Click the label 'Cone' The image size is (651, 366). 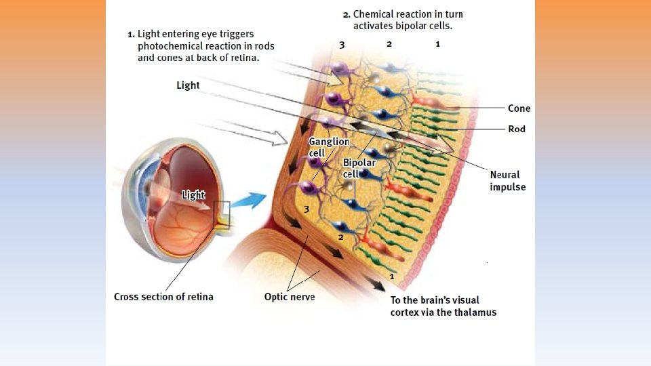click(x=519, y=108)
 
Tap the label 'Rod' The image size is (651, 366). click(x=517, y=129)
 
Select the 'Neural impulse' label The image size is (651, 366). click(x=507, y=181)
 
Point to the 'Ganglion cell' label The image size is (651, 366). click(x=328, y=147)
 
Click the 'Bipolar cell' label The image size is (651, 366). click(x=359, y=169)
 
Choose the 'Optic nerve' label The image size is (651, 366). click(x=290, y=297)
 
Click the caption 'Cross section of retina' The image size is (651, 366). click(x=163, y=297)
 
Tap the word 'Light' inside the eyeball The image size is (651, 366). click(x=193, y=195)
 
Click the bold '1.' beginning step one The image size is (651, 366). click(x=132, y=33)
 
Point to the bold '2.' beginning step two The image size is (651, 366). click(x=347, y=14)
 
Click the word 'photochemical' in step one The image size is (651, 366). click(x=170, y=46)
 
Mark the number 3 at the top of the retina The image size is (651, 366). click(x=342, y=45)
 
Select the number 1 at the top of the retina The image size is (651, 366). click(x=437, y=44)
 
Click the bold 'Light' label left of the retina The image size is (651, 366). click(x=188, y=85)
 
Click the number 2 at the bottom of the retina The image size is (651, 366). click(x=340, y=237)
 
